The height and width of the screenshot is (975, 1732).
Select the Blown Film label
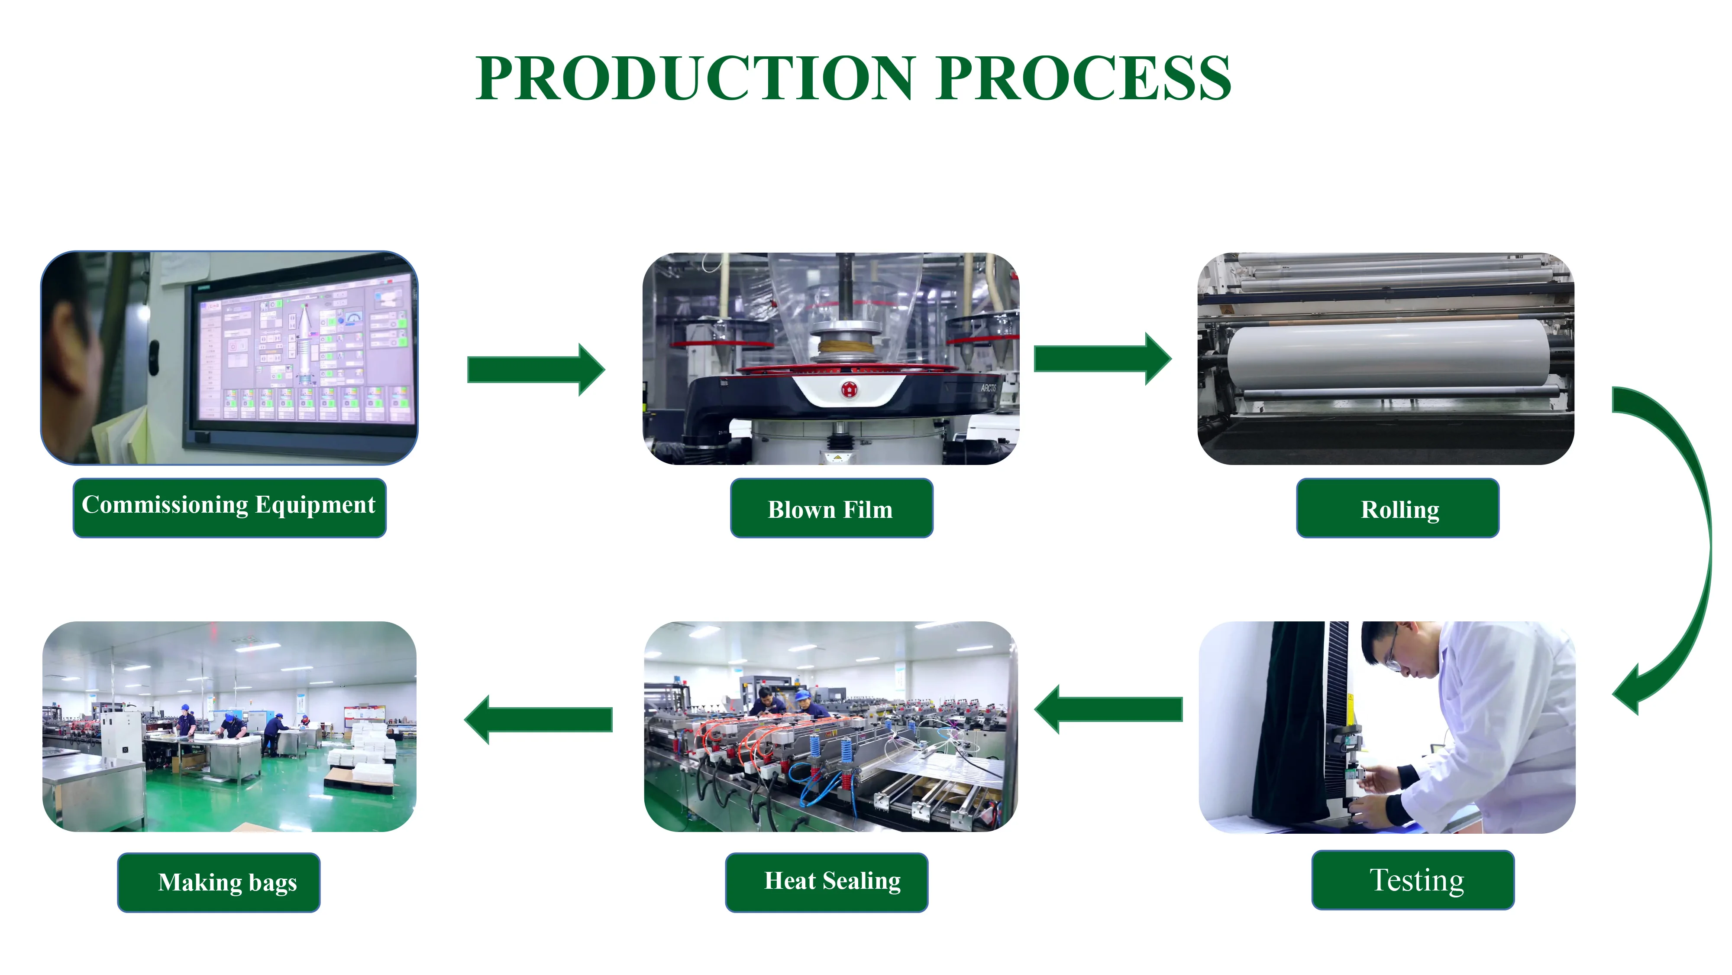(x=831, y=509)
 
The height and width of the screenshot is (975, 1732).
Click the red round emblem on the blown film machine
(x=849, y=389)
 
